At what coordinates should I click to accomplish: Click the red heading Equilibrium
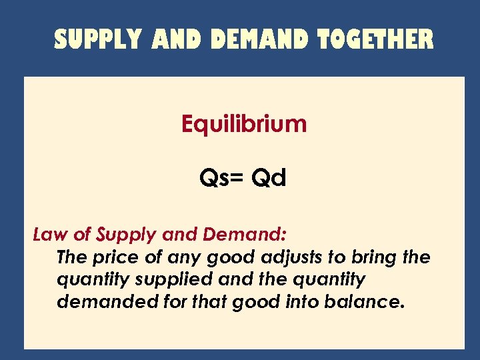click(244, 124)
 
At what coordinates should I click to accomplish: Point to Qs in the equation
click(214, 178)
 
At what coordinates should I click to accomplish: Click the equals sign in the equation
click(237, 179)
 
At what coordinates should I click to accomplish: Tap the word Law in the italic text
click(47, 235)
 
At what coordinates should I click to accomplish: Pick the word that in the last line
click(211, 301)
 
